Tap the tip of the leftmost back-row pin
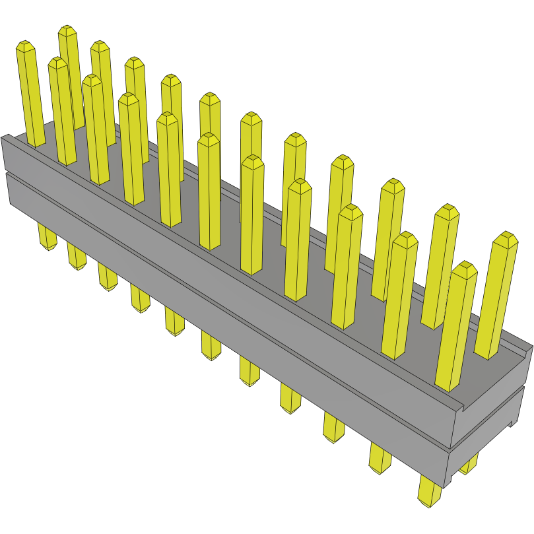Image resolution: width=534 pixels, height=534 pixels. pos(67,31)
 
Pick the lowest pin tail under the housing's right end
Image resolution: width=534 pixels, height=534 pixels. pos(430,494)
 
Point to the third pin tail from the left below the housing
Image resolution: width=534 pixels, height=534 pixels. pos(108,277)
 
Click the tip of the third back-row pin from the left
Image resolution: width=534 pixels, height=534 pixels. pos(135,62)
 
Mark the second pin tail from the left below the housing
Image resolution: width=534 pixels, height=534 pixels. pos(77,256)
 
